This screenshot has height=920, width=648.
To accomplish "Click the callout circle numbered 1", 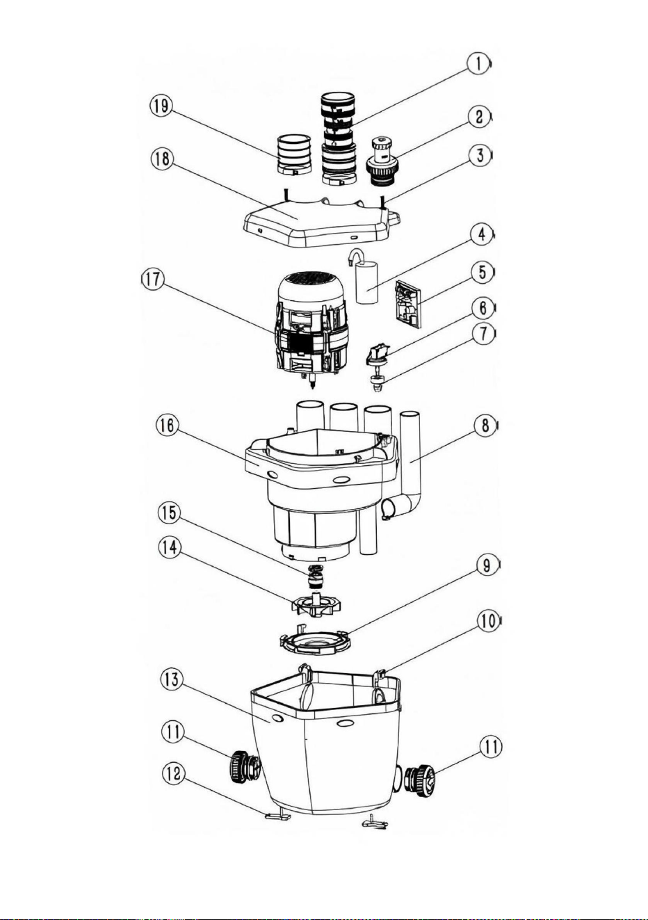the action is [478, 65].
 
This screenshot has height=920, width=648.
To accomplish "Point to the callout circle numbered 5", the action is [482, 273].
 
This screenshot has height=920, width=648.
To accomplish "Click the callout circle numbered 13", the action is [172, 679].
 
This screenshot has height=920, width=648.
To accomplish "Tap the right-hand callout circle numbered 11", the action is [490, 748].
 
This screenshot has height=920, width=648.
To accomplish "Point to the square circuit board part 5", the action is [407, 303].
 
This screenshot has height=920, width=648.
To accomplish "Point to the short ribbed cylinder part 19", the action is [294, 156].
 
